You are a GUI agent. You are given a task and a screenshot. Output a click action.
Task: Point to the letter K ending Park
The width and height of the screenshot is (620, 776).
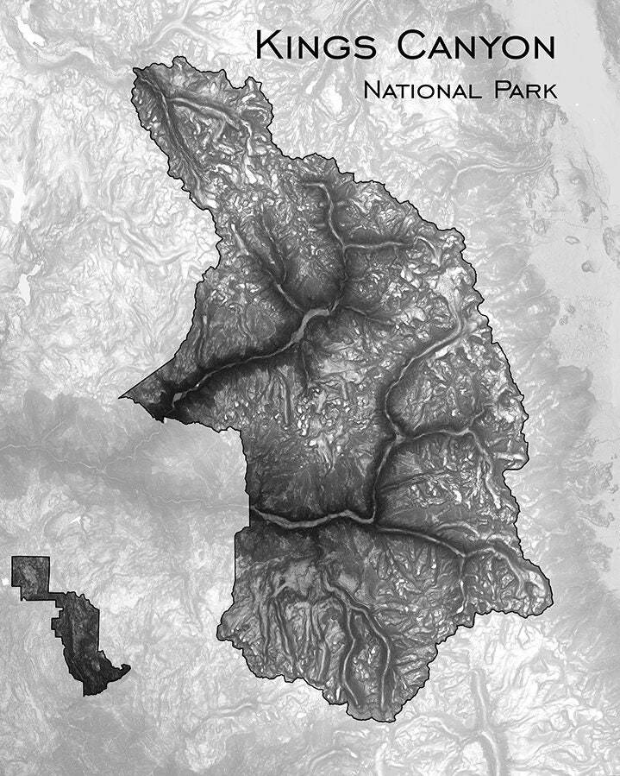pos(551,90)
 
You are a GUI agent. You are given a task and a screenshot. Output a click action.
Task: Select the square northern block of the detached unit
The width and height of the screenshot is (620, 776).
pos(31,577)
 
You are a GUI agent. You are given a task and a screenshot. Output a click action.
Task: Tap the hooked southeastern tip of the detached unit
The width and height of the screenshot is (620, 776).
pos(125,668)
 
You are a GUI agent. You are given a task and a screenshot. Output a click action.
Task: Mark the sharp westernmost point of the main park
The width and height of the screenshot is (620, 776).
pos(121,396)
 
